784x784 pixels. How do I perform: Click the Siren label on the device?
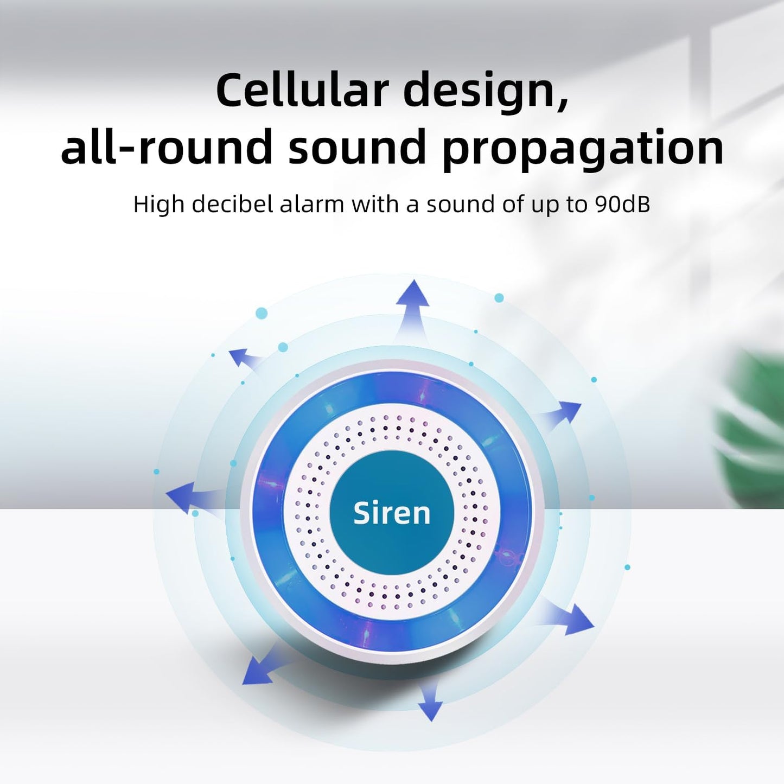point(392,513)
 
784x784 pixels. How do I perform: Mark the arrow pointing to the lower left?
point(264,666)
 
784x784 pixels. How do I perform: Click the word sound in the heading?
point(356,146)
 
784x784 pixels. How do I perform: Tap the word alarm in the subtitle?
point(312,204)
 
